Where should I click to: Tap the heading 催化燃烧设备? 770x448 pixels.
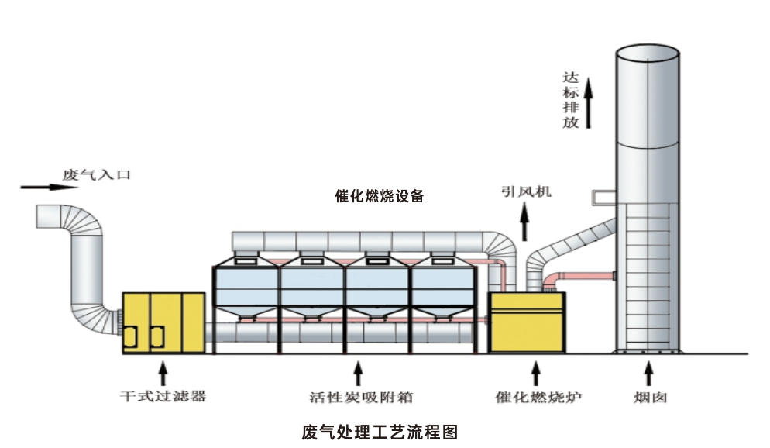379,196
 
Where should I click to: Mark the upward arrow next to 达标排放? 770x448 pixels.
589,101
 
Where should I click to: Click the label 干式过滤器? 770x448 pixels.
163,398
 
